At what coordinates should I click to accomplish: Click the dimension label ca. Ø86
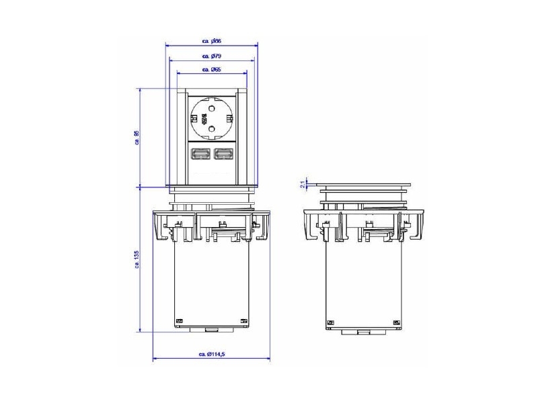211,41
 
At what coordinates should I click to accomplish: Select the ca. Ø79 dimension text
211,56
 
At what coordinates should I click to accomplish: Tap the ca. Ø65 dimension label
211,70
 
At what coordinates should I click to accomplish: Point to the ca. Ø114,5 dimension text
211,354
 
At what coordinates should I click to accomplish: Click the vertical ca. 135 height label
136,260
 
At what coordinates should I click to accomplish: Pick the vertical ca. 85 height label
136,137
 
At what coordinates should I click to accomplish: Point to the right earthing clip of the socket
230,118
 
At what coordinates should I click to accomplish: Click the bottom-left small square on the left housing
179,321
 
